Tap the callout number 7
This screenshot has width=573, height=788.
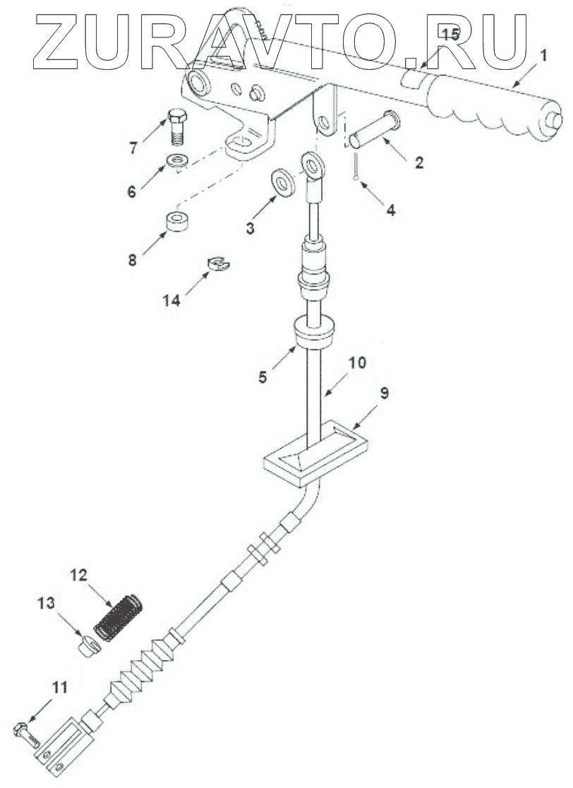click(133, 148)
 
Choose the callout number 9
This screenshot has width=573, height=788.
click(384, 394)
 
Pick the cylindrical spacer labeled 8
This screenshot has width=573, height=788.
click(176, 222)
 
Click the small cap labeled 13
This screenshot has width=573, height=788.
click(86, 645)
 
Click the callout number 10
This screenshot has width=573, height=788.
click(357, 363)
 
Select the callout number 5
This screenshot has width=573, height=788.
click(263, 377)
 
